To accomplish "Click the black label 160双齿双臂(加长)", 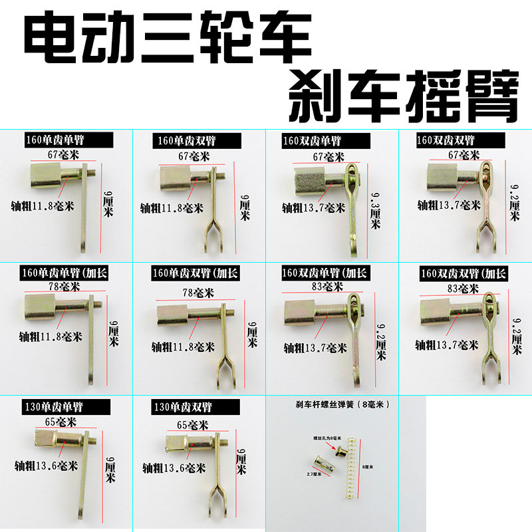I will pos(464,273).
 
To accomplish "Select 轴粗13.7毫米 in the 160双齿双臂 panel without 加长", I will pos(449,205).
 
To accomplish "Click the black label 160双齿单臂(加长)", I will pos(325,273).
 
